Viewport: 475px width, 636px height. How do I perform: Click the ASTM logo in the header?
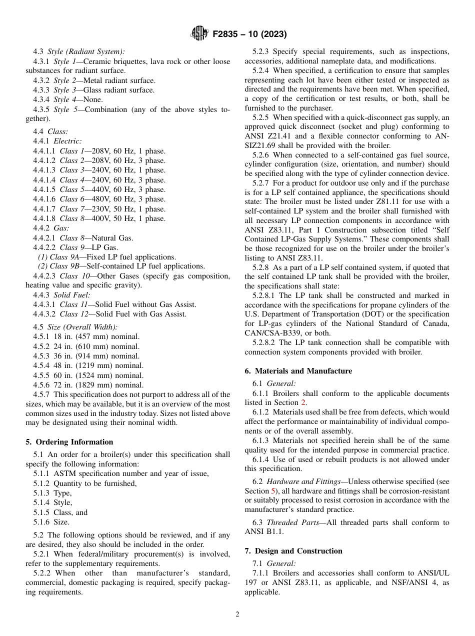click(199, 34)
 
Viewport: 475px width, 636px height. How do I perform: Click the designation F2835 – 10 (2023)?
click(249, 34)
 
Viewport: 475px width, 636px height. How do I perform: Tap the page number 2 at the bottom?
click(237, 614)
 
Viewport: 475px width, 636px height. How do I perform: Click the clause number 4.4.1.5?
click(44, 189)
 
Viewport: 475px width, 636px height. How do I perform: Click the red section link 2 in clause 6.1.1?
click(303, 402)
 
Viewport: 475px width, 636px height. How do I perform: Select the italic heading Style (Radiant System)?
click(86, 51)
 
